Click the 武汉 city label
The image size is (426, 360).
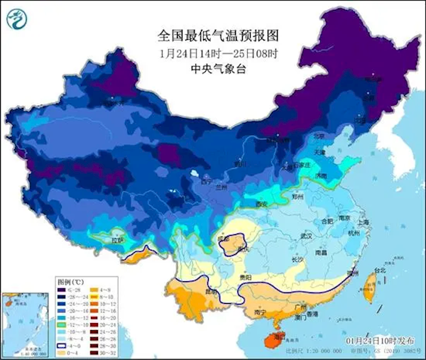pos(307,235)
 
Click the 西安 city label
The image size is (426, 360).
pos(262,204)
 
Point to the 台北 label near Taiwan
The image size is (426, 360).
pos(380,270)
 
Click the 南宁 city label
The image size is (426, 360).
pos(260,312)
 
